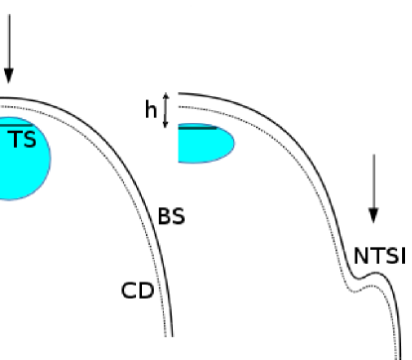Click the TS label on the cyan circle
(x=23, y=140)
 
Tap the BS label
(x=171, y=215)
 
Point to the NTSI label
(x=380, y=257)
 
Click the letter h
(x=151, y=109)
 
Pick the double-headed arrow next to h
(x=167, y=109)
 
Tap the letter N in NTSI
(x=361, y=257)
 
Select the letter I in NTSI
(x=402, y=257)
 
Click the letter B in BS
(x=164, y=215)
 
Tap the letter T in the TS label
(x=16, y=140)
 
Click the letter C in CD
(x=128, y=291)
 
